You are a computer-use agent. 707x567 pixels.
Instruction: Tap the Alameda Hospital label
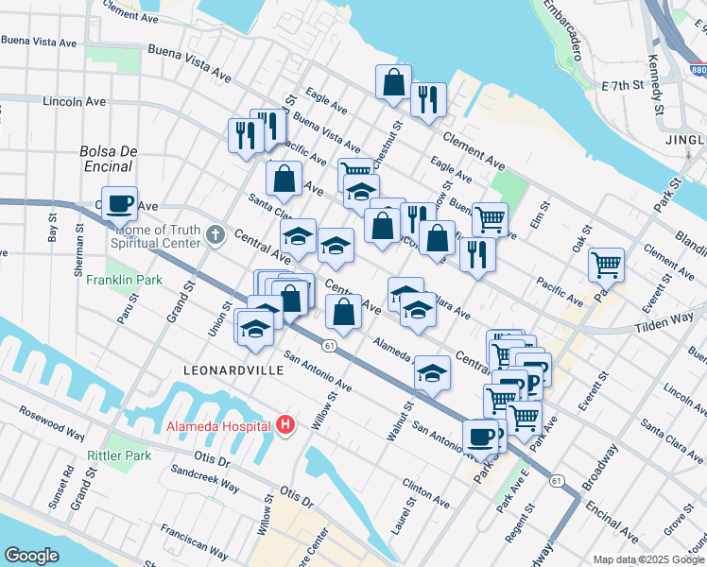(x=219, y=425)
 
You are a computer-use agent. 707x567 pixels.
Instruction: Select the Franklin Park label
(x=124, y=280)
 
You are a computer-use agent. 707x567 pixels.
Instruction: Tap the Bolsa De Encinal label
(x=109, y=159)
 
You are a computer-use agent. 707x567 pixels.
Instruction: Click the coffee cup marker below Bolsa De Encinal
(x=119, y=202)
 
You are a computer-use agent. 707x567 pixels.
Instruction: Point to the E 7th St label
(x=622, y=85)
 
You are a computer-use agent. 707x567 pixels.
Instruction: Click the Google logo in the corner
(x=31, y=555)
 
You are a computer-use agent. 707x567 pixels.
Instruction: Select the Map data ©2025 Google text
(x=648, y=559)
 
